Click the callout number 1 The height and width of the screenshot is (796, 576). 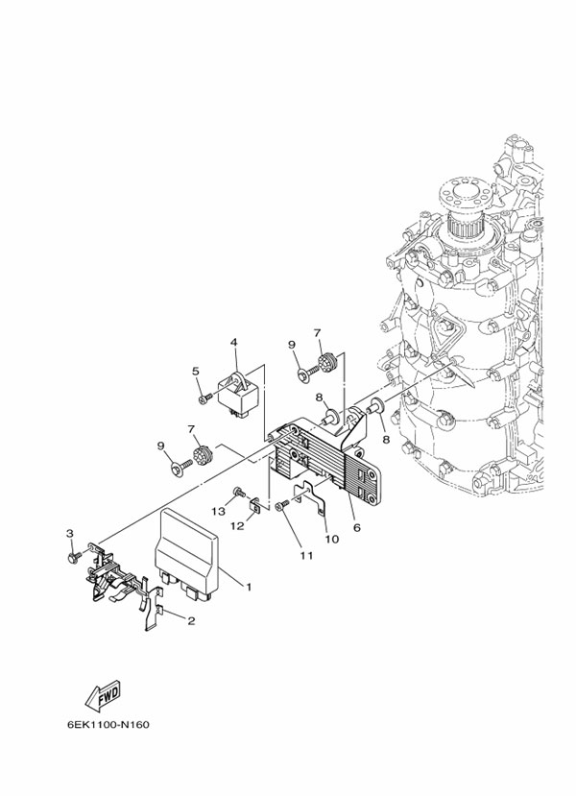coord(249,586)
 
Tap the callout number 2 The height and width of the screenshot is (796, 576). coord(191,620)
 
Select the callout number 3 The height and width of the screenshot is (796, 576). coord(69,533)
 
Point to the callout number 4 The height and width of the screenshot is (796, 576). coord(232,342)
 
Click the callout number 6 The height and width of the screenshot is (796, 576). coord(357,526)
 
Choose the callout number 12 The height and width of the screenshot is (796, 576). coord(236,525)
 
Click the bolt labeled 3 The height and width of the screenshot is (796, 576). coord(74,556)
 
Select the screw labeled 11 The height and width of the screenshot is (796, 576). coord(280,507)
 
